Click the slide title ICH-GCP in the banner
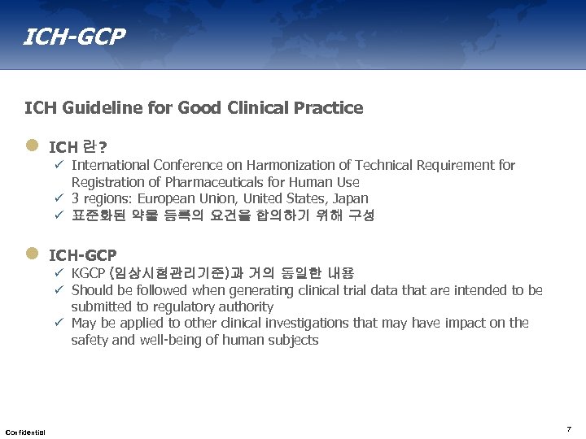[x=75, y=37]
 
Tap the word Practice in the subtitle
[x=330, y=108]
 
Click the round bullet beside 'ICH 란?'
[x=32, y=146]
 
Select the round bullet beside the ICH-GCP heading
[x=32, y=254]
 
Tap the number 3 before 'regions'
[x=76, y=198]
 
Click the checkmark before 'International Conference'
[x=59, y=166]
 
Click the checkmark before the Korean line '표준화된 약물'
[x=59, y=215]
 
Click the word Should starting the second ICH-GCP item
[x=92, y=290]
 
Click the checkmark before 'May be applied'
[x=59, y=323]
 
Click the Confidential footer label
[x=25, y=431]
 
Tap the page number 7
[x=569, y=428]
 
